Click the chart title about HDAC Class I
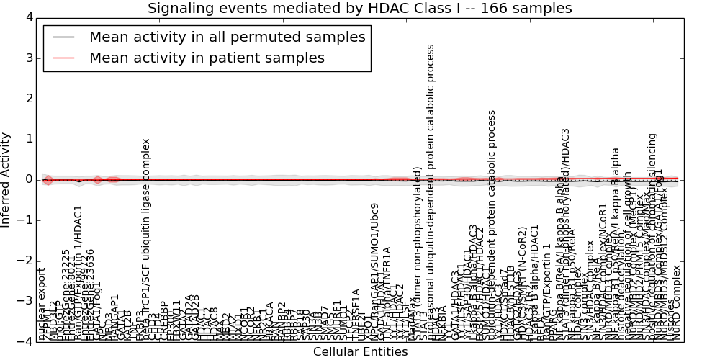[x=360, y=9]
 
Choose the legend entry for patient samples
[x=207, y=58]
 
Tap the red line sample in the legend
[x=64, y=58]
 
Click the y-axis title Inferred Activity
[x=6, y=180]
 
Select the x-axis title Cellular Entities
[x=360, y=352]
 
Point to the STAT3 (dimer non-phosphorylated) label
[x=418, y=252]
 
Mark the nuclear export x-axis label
[x=41, y=303]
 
